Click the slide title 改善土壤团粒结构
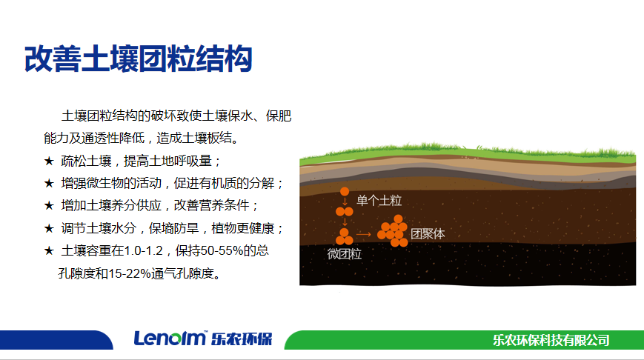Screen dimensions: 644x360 coord(138,59)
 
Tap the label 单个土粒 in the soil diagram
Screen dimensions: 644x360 coord(379,200)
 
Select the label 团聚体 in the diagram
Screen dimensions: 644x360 coord(428,233)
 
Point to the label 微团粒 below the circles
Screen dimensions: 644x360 coord(344,253)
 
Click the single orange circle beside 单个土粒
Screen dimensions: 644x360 coord(345,191)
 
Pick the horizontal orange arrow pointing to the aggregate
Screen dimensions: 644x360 coord(363,234)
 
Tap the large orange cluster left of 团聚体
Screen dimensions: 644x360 coord(392,230)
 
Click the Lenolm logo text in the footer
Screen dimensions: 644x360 coord(170,339)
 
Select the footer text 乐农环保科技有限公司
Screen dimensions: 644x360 coord(551,340)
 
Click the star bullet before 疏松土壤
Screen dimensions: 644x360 coord(49,161)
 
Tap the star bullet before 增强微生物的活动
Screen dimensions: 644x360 coord(49,183)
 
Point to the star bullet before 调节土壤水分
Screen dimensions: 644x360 coord(49,228)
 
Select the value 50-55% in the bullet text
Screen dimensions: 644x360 coord(225,250)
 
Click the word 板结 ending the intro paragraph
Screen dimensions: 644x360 coord(219,138)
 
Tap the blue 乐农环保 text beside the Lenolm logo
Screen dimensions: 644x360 coord(242,339)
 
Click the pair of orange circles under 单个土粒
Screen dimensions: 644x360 coord(344,211)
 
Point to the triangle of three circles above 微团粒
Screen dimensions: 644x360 coord(344,237)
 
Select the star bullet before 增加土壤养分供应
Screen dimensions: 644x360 coord(49,205)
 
